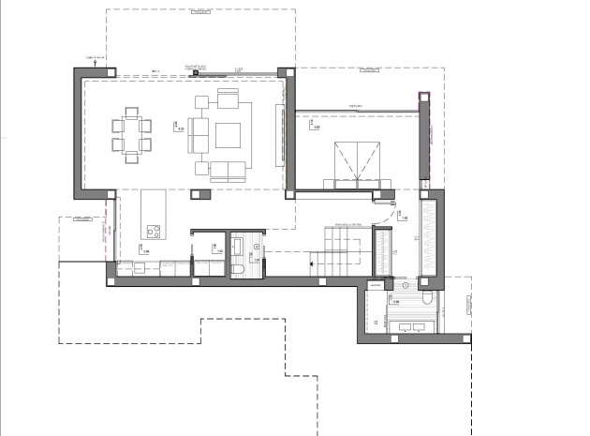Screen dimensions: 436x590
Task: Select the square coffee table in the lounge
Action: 229,135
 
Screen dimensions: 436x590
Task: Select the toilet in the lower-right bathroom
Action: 425,299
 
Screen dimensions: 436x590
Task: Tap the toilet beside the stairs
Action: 240,271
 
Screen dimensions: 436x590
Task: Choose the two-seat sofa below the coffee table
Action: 228,170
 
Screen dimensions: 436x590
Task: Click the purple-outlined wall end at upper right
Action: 423,94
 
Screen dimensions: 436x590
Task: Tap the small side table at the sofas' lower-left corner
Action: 201,168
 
